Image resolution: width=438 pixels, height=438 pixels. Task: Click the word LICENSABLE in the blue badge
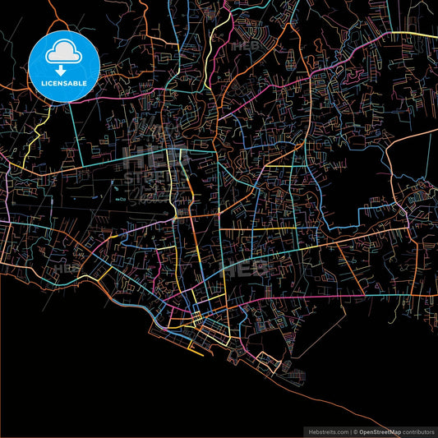(x=64, y=84)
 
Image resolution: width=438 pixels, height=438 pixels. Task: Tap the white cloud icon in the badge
(x=64, y=53)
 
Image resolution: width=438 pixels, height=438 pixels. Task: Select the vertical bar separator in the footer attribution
(x=348, y=431)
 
